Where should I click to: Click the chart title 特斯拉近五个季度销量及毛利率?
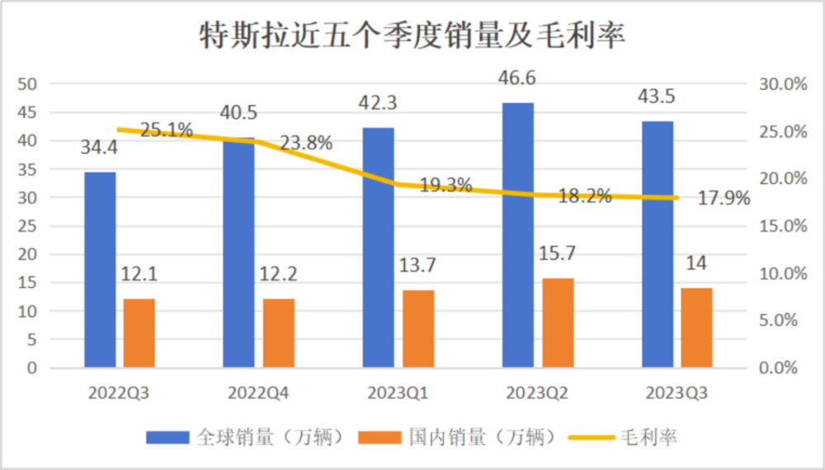[x=412, y=36]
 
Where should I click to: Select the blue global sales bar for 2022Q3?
[x=100, y=269]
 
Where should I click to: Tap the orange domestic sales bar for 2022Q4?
[x=279, y=332]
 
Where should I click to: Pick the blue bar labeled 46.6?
[x=518, y=235]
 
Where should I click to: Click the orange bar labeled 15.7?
[x=558, y=322]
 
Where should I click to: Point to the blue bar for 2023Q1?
[x=379, y=247]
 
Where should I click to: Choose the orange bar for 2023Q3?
[x=697, y=327]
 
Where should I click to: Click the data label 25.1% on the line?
[x=166, y=130]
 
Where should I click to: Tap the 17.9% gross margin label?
[x=724, y=198]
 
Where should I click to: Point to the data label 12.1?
[x=139, y=274]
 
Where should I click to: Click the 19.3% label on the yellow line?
[x=445, y=185]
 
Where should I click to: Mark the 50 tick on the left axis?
[x=30, y=84]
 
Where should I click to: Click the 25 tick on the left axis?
[x=30, y=226]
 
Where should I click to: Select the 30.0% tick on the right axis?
[x=781, y=84]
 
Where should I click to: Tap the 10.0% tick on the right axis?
[x=781, y=273]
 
